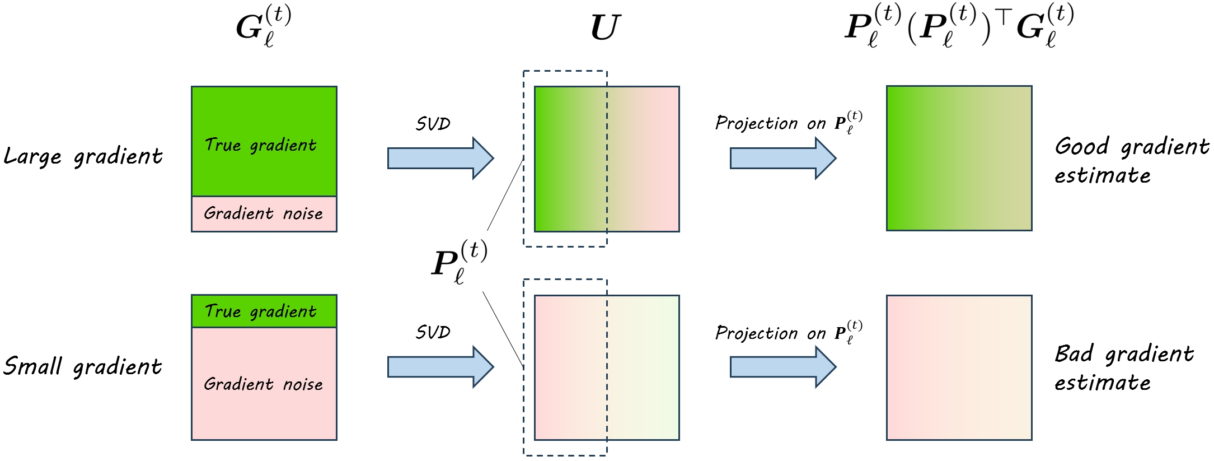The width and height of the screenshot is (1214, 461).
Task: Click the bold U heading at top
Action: (x=606, y=28)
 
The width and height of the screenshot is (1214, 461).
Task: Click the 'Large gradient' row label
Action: (x=83, y=156)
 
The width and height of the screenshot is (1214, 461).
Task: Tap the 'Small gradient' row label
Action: (x=82, y=366)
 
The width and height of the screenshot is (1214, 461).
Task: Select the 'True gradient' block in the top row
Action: (x=264, y=141)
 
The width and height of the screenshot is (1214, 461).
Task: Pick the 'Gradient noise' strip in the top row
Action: (x=264, y=213)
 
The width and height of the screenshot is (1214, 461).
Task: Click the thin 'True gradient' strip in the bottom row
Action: (x=264, y=311)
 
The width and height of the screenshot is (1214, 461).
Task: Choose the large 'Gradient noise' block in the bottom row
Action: (x=264, y=384)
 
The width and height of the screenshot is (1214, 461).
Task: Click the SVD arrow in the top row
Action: (x=440, y=158)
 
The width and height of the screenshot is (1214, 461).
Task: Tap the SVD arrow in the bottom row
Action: (x=440, y=367)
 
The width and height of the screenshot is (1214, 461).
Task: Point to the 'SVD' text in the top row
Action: (x=433, y=124)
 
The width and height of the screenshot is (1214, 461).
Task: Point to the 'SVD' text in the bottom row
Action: (x=433, y=332)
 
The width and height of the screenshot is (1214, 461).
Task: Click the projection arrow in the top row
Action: (x=782, y=158)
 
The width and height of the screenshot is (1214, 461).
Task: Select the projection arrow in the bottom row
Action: (x=782, y=367)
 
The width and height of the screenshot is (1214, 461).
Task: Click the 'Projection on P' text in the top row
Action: (x=788, y=123)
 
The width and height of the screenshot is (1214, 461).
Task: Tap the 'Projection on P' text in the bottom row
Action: (x=788, y=333)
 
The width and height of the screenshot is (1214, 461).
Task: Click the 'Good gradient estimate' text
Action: (x=1131, y=161)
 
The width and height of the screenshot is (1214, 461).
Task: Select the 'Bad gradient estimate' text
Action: (x=1124, y=368)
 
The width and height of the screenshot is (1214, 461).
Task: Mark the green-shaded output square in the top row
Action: (x=959, y=158)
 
